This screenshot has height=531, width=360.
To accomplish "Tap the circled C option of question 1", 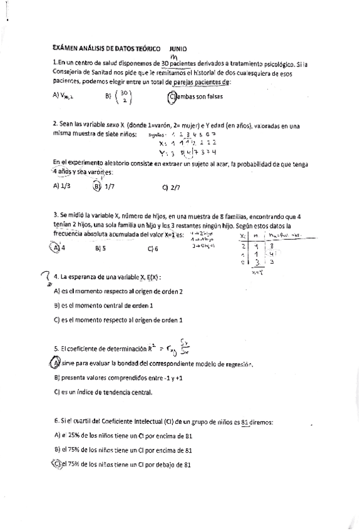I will point(172,96).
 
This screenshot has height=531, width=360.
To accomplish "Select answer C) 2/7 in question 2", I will point(170,187).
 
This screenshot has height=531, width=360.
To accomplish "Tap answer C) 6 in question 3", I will point(153,248).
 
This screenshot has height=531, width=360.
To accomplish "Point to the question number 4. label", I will point(57,276).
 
